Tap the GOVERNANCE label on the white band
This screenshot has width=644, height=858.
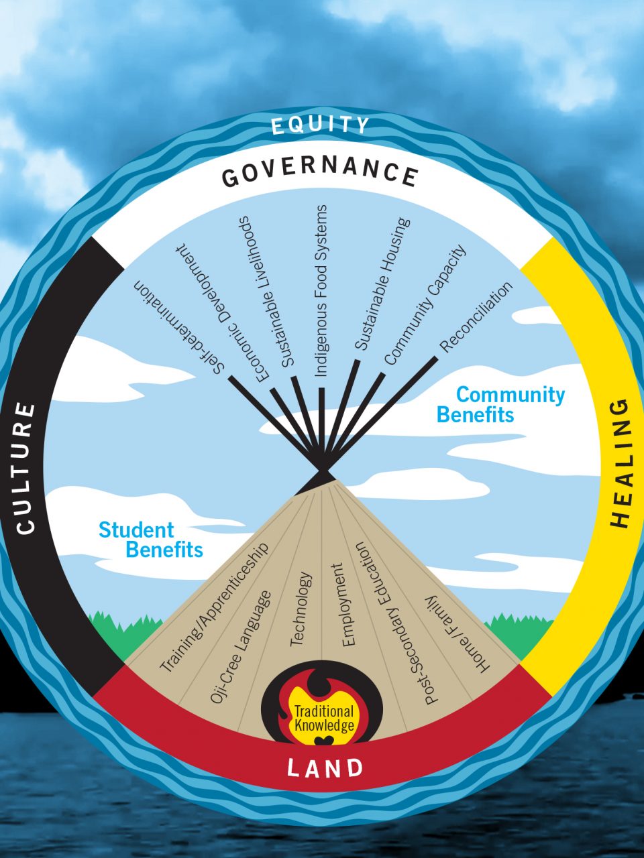click(x=320, y=172)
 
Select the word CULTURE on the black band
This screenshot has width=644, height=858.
click(x=25, y=468)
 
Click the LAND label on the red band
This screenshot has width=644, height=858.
click(x=325, y=768)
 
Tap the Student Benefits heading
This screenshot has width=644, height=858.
click(x=151, y=540)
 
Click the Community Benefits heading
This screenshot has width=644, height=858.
click(x=500, y=404)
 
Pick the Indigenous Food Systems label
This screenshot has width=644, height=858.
click(x=321, y=290)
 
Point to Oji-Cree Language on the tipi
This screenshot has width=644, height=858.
click(x=240, y=646)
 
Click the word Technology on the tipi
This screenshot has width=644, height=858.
click(x=301, y=609)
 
